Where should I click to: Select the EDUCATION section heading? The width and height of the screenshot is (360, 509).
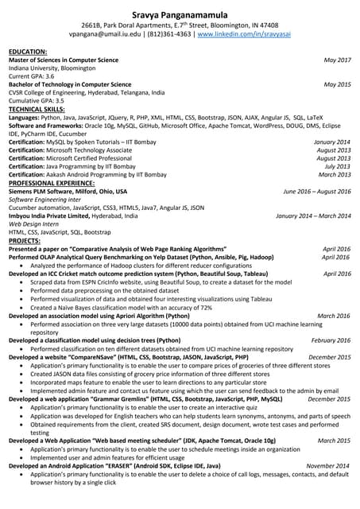28,52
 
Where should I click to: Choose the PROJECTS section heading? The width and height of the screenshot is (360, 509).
25,240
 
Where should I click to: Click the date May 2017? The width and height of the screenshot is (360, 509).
337,60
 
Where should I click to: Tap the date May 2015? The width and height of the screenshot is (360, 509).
337,84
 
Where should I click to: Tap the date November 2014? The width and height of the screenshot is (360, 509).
328,465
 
